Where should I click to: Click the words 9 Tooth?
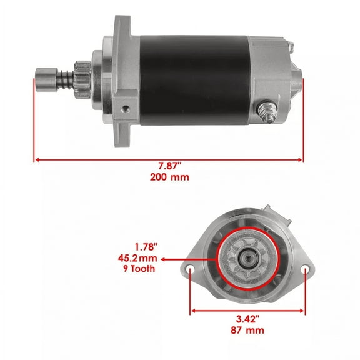pos(138,269)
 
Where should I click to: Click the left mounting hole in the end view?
pos(191,271)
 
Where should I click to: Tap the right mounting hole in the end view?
pos(305,271)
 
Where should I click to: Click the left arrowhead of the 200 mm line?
pos(37,159)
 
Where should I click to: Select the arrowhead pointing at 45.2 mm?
pos(164,257)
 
